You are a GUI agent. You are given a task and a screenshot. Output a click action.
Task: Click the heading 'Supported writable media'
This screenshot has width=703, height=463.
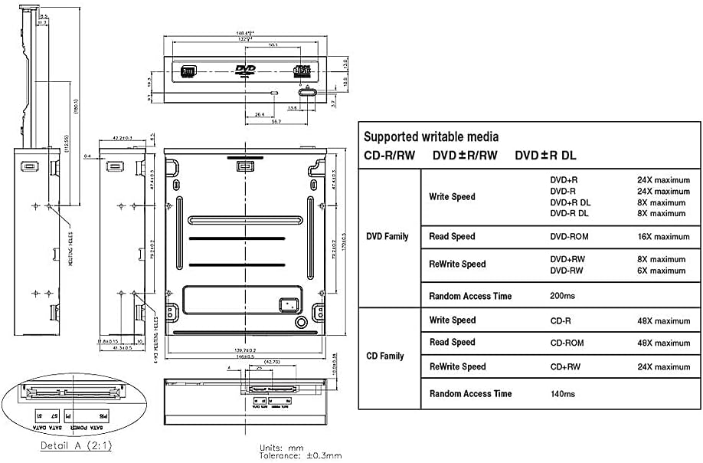pos(430,137)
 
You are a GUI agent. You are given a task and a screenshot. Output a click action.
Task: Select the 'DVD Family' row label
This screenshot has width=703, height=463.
pos(387,237)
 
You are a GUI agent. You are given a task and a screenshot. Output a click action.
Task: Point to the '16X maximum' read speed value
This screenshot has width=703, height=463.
pos(663,237)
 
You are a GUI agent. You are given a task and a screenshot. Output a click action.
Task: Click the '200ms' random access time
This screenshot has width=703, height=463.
pos(562,295)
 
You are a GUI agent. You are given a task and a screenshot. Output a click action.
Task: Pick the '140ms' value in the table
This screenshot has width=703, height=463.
pos(562,393)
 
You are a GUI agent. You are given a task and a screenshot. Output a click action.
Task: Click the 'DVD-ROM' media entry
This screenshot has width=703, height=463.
pos(569,237)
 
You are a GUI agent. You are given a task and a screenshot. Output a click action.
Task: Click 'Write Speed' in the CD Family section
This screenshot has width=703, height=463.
pos(452,320)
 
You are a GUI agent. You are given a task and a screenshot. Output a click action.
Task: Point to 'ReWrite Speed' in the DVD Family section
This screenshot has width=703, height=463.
pos(457,264)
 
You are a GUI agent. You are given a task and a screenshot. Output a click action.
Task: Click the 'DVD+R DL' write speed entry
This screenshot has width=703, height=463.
pos(570,202)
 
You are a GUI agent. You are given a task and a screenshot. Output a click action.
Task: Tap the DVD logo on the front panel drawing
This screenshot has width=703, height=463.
pos(246,71)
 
